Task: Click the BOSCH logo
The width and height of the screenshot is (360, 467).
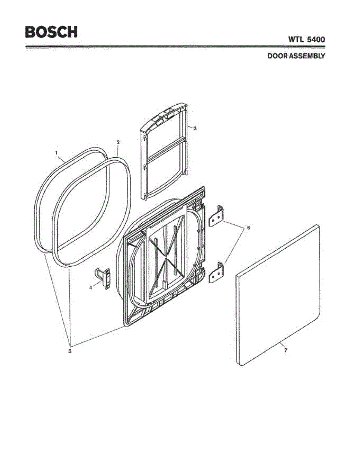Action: tap(51, 32)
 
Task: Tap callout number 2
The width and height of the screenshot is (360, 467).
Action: tap(118, 142)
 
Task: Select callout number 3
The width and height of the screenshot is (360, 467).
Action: tap(195, 128)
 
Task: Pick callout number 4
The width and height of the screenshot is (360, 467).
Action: tap(91, 288)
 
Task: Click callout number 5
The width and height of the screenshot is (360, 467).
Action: tap(70, 351)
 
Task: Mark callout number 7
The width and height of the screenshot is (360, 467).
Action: tap(285, 351)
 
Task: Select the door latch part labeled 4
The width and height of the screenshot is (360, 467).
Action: tap(105, 278)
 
